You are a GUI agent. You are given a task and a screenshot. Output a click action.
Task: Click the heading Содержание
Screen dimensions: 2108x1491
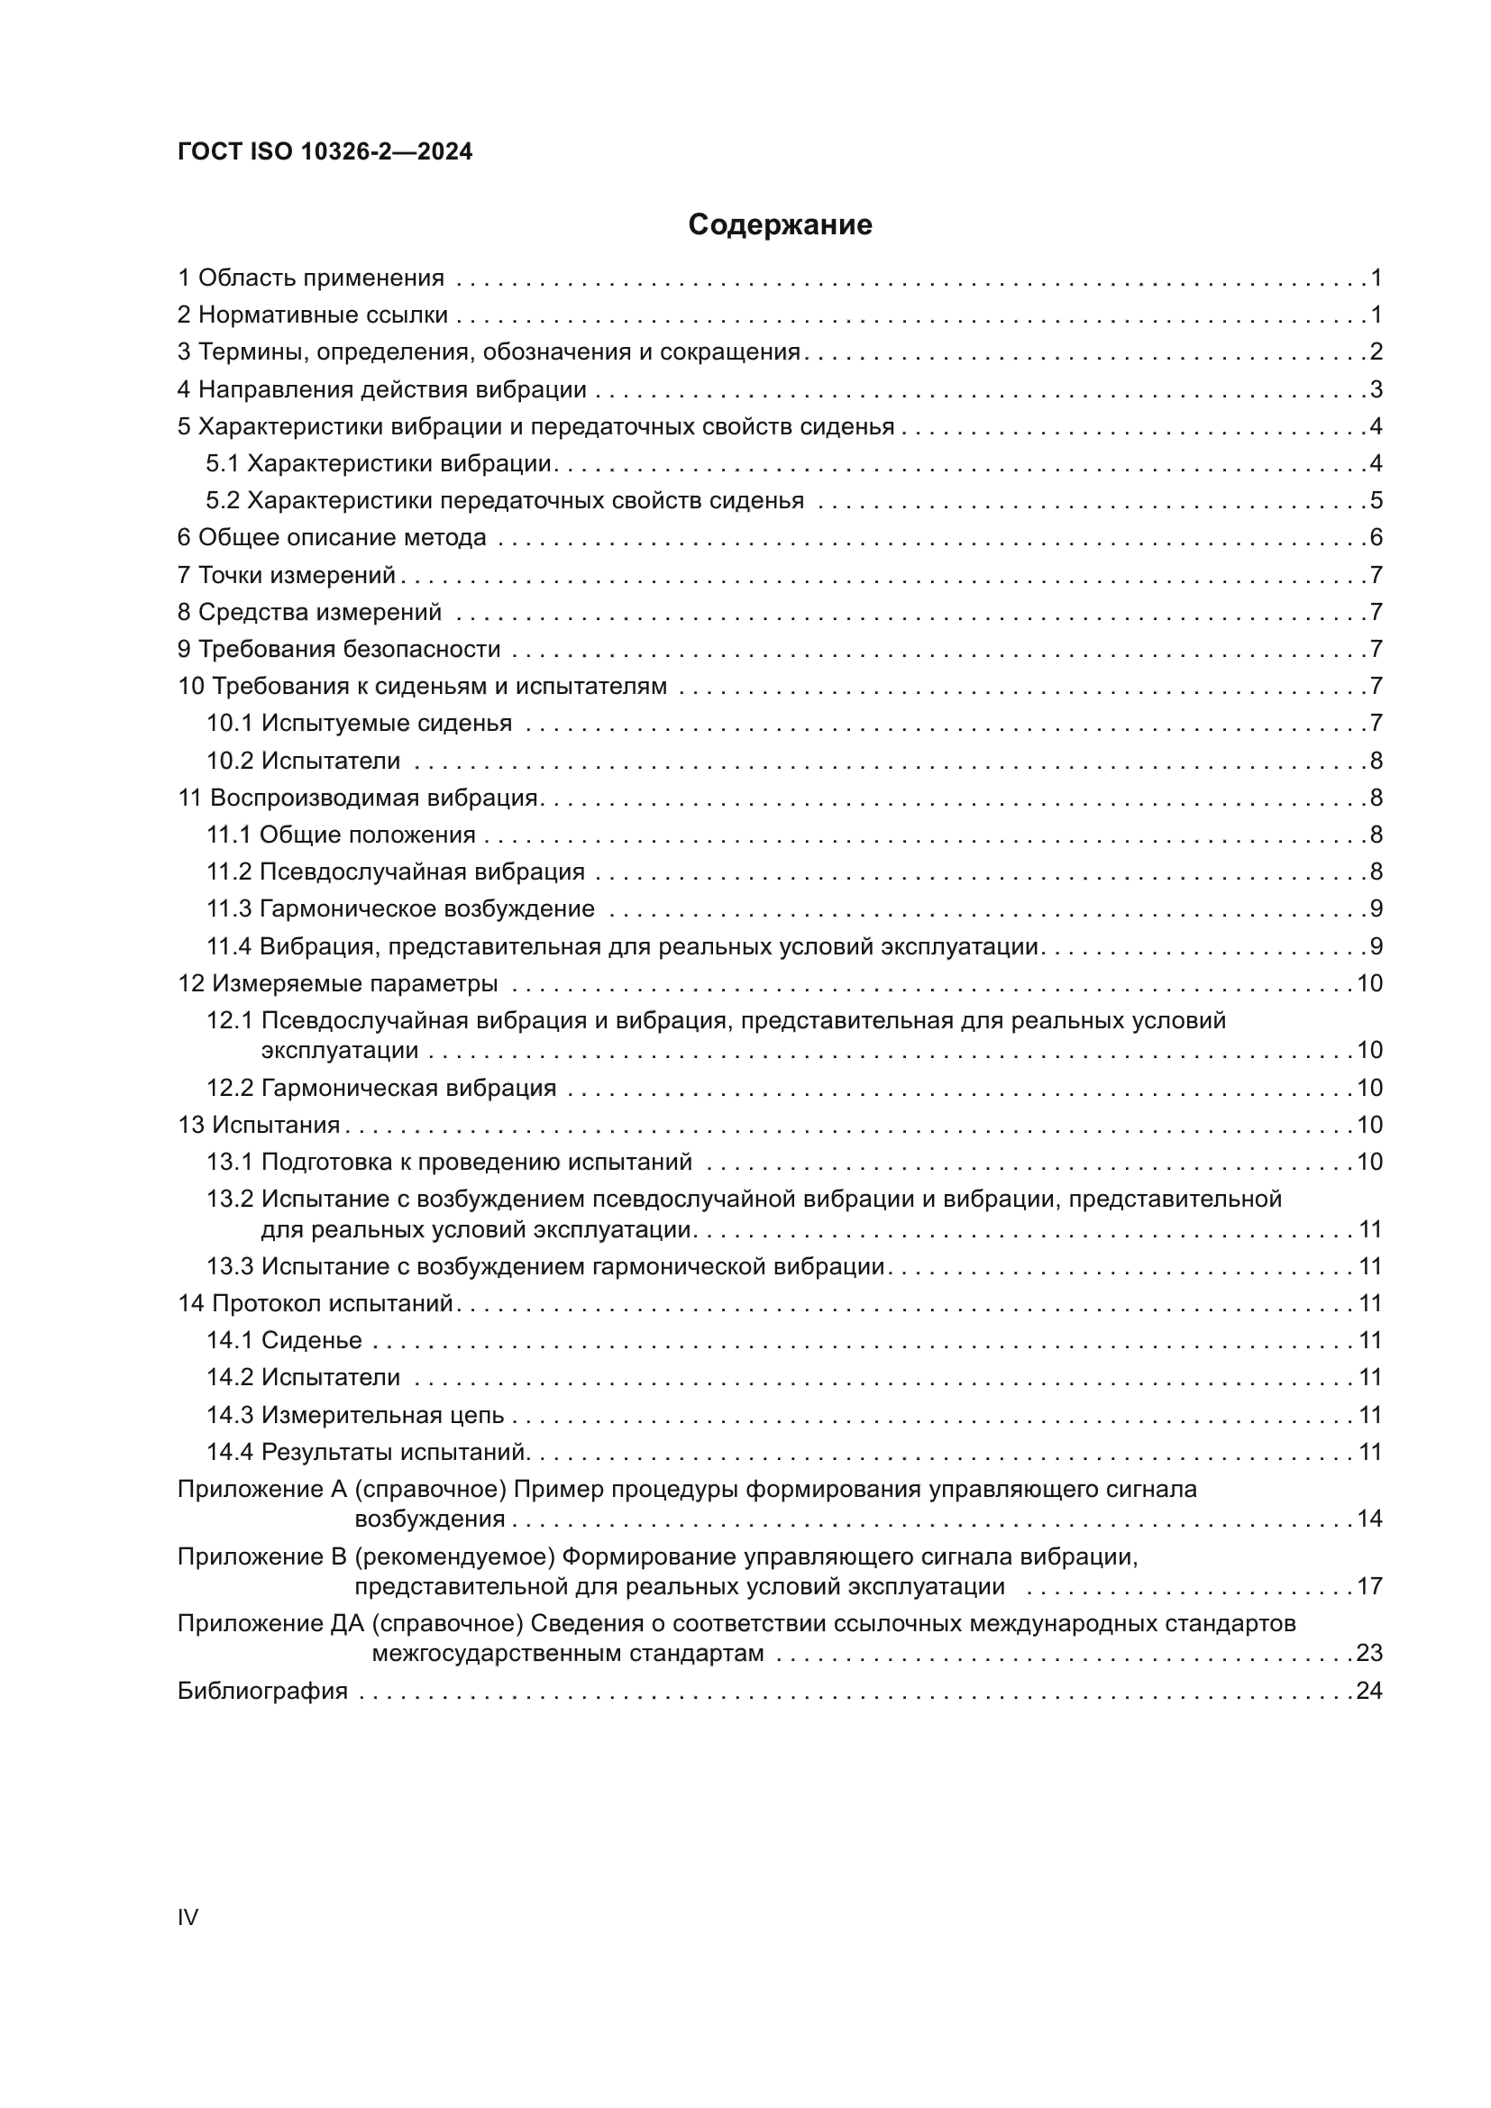[x=780, y=225]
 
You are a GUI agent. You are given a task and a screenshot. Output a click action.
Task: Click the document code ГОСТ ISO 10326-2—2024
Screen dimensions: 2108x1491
[x=325, y=151]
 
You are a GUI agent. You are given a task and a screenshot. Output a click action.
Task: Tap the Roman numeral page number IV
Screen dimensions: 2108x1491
[x=188, y=1917]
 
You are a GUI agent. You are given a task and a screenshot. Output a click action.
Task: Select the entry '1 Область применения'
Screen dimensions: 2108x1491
[x=310, y=278]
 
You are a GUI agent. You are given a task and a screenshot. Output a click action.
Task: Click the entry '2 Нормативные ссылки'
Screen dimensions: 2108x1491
[x=312, y=315]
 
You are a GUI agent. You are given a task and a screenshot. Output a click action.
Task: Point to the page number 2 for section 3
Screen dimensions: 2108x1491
[x=1376, y=352]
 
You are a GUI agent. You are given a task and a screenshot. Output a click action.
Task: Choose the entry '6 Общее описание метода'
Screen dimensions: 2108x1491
[x=332, y=538]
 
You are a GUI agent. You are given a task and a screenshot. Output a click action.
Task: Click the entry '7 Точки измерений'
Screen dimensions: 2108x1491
[x=286, y=576]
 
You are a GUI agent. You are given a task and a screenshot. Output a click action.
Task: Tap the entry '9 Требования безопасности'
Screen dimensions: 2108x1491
[x=339, y=649]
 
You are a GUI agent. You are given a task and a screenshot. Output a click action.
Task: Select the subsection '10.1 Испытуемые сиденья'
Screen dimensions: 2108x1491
[x=359, y=724]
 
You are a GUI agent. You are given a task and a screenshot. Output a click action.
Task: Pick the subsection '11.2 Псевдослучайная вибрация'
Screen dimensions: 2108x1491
[x=396, y=871]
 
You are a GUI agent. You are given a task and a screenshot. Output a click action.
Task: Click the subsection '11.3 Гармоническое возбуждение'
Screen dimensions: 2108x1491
[x=400, y=909]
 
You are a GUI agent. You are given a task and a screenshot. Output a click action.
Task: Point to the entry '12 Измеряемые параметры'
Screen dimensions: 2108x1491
[x=337, y=983]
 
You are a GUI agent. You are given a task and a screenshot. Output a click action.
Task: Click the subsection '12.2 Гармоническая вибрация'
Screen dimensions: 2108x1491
[x=381, y=1088]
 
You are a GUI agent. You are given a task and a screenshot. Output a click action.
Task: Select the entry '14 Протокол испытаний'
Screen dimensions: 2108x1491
[x=315, y=1304]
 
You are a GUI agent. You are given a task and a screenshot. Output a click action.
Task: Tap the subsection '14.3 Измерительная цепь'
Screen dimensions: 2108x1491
[x=355, y=1415]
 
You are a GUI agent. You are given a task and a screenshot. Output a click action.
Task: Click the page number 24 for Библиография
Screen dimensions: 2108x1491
[x=1369, y=1690]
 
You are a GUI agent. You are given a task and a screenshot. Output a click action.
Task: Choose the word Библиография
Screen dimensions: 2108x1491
[x=262, y=1690]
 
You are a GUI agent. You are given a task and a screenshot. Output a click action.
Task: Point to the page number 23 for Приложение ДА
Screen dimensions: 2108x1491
[x=1369, y=1653]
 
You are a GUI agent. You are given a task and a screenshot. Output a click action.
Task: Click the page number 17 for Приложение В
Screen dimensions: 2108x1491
[x=1369, y=1585]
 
